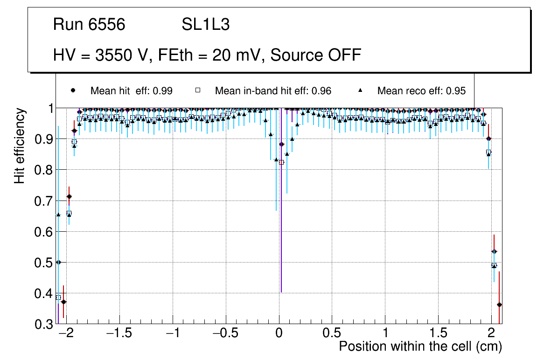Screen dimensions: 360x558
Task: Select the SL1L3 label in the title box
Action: pos(205,25)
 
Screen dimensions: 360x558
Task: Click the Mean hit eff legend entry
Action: pos(131,91)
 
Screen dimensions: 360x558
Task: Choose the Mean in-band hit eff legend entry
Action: pos(273,91)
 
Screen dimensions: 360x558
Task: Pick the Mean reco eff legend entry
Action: pos(421,91)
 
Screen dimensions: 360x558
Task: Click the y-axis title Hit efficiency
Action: pos(20,145)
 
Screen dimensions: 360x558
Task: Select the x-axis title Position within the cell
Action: pos(420,346)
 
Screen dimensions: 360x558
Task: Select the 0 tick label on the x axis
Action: pos(279,334)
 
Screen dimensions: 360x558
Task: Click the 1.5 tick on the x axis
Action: pos(439,334)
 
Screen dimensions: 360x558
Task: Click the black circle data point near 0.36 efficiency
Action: pos(499,305)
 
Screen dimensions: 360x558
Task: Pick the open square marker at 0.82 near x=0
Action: pos(281,162)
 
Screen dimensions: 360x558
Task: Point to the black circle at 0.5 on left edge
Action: pos(58,262)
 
